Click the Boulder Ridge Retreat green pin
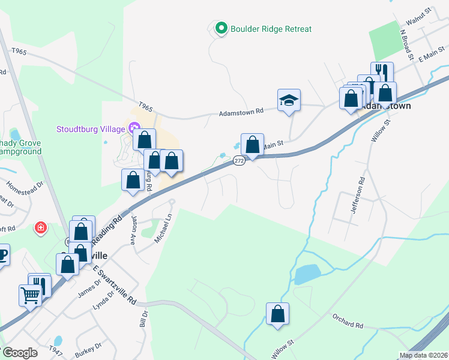point(221,28)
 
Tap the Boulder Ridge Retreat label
point(271,29)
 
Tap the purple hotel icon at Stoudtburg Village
point(133,128)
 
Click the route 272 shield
point(239,161)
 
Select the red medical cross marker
point(40,228)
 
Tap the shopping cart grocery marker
point(30,294)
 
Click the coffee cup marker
point(2,254)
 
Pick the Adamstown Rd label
point(241,112)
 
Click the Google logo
point(20,353)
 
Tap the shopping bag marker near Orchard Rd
point(277,314)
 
